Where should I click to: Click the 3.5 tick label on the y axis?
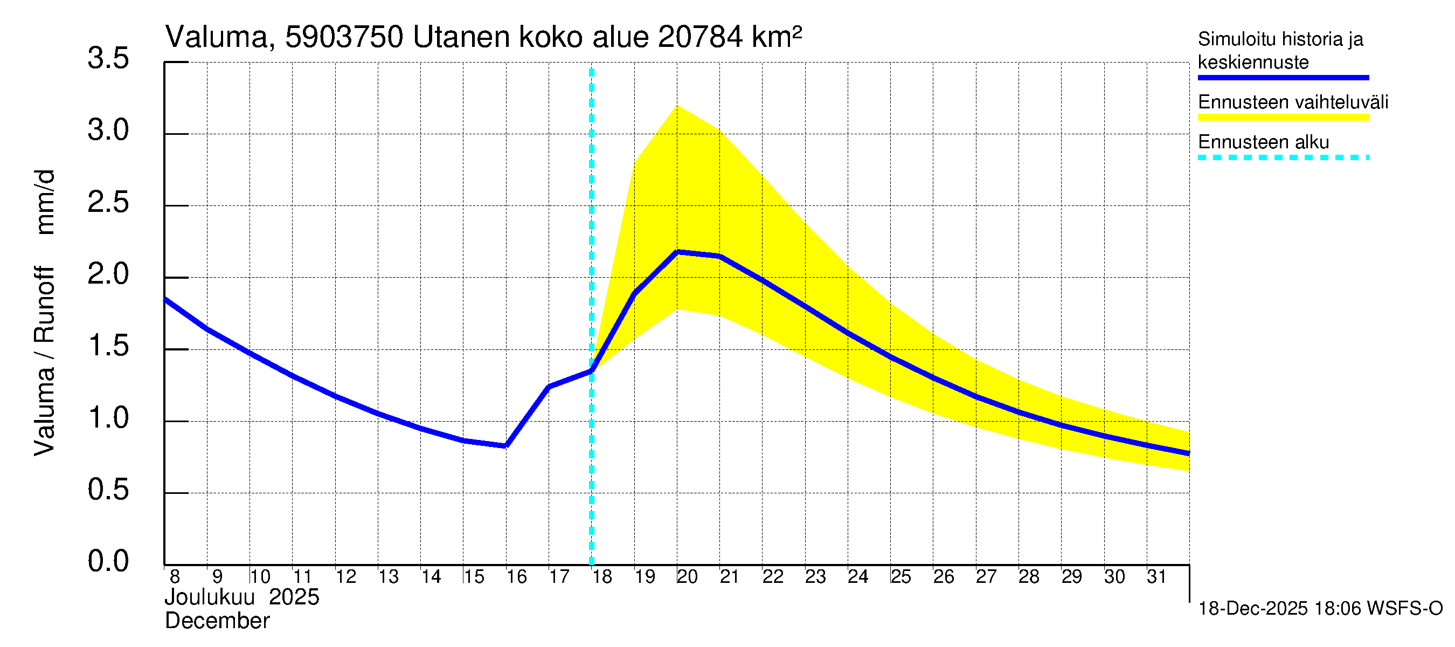[x=108, y=58]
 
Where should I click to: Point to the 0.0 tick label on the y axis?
[x=108, y=561]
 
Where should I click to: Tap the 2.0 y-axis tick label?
[x=108, y=274]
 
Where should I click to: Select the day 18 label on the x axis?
[x=602, y=576]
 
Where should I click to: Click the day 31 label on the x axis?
[x=1157, y=576]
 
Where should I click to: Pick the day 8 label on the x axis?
[x=175, y=576]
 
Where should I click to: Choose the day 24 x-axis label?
[x=858, y=576]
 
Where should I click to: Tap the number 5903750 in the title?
[x=344, y=37]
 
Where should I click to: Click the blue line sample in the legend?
[x=1283, y=78]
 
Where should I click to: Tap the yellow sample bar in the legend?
[x=1283, y=118]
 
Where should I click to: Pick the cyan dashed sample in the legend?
[x=1283, y=157]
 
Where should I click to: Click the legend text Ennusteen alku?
[x=1264, y=142]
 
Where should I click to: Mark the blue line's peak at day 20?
[x=677, y=252]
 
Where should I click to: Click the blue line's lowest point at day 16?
[x=505, y=446]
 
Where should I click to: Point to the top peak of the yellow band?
[x=677, y=106]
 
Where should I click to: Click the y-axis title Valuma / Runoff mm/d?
[x=45, y=313]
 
